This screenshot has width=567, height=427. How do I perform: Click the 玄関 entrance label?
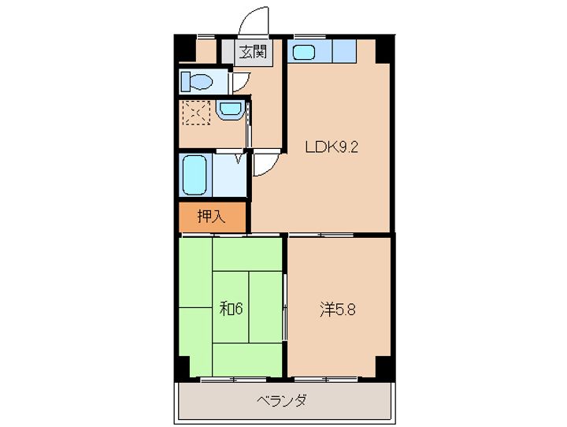point(253,54)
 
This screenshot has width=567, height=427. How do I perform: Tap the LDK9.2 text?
point(332,146)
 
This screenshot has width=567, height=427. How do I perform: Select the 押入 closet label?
point(210,217)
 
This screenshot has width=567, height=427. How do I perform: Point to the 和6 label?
point(230,308)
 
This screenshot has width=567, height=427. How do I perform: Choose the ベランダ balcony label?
point(281,400)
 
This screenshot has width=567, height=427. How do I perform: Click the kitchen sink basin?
point(304,53)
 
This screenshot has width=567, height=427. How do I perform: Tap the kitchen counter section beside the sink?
point(343,52)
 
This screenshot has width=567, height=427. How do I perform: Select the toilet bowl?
point(196,80)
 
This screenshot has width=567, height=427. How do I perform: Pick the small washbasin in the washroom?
point(229,110)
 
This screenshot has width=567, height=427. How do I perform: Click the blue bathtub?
point(194,174)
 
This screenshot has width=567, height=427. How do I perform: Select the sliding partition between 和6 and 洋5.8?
point(285,307)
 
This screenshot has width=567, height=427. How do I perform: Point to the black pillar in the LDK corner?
point(384,50)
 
